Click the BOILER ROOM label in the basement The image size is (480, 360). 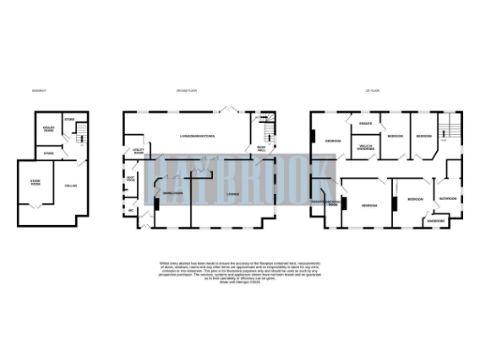[47, 127]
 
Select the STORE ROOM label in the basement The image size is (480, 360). [36, 185]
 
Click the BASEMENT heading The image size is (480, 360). [38, 91]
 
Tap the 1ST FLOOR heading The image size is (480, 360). [372, 91]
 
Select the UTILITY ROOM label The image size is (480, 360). [137, 150]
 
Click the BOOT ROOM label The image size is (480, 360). [132, 177]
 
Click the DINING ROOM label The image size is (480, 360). [172, 192]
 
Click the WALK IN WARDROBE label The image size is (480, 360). [366, 146]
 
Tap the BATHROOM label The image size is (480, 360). [447, 199]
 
